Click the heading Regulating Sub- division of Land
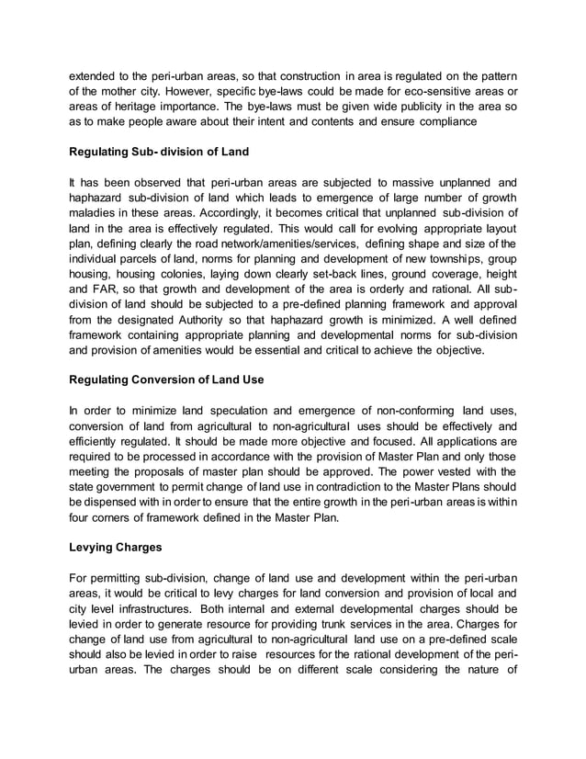click(159, 151)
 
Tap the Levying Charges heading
click(116, 548)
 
